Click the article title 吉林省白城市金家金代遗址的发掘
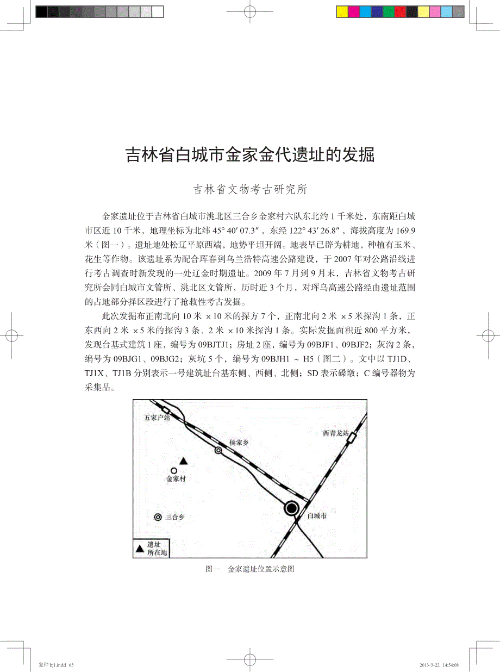[250, 154]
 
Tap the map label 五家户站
[157, 418]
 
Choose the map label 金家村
[176, 480]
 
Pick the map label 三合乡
[175, 518]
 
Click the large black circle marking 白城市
[292, 508]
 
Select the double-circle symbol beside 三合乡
[158, 518]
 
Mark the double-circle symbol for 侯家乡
[218, 450]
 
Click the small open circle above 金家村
[174, 470]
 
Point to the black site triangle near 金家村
[184, 461]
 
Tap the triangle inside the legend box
[140, 547]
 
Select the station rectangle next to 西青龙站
[353, 437]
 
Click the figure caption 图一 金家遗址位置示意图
[250, 569]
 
